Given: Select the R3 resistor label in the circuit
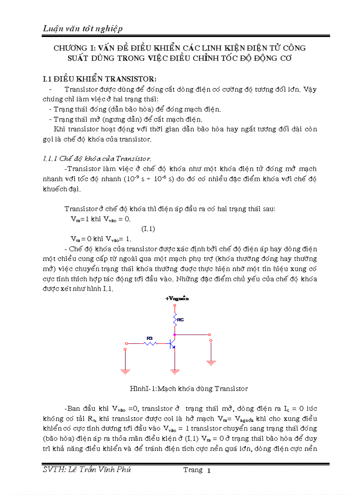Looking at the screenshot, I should click(150, 338).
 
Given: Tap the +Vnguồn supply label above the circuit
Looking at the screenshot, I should click(177, 298).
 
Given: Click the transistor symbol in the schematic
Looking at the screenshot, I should click(173, 343).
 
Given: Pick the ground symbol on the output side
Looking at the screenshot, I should click(211, 362).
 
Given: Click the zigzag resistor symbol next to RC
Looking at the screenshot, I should click(176, 320).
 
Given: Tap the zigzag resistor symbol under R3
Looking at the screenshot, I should click(150, 343).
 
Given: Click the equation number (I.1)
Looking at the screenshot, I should click(148, 229).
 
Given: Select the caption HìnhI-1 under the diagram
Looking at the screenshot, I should click(189, 388).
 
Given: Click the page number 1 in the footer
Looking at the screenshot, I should click(209, 471).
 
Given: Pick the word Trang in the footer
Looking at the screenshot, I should click(193, 470).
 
